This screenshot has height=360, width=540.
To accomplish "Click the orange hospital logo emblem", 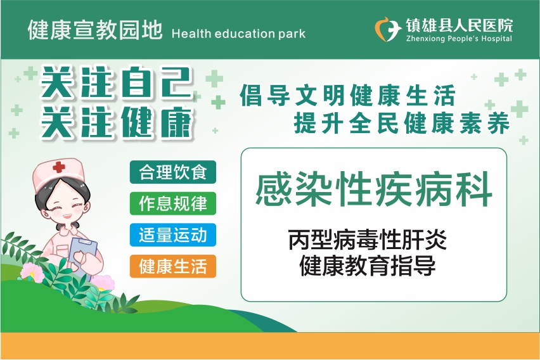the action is pyautogui.click(x=388, y=29).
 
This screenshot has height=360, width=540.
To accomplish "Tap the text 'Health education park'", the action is pyautogui.click(x=238, y=34).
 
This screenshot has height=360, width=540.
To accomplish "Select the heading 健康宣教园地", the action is pyautogui.click(x=95, y=30).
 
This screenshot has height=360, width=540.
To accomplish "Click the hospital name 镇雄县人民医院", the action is pyautogui.click(x=459, y=25).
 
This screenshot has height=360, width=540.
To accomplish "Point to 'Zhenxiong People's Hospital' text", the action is pyautogui.click(x=459, y=39).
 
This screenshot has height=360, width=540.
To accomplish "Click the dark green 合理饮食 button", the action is pyautogui.click(x=173, y=172).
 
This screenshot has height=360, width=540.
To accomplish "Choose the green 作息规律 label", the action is pyautogui.click(x=173, y=203).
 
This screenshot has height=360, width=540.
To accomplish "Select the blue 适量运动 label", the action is pyautogui.click(x=173, y=235).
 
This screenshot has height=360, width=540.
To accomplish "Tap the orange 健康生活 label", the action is pyautogui.click(x=173, y=266).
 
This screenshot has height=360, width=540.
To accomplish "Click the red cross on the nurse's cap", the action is pyautogui.click(x=59, y=167).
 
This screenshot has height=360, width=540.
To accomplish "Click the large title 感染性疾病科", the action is pyautogui.click(x=374, y=189).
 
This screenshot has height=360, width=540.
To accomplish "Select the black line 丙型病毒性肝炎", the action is pyautogui.click(x=368, y=240).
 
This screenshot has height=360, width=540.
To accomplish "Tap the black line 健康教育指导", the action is pyautogui.click(x=368, y=266).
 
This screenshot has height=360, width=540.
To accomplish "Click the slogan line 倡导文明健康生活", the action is pyautogui.click(x=348, y=95).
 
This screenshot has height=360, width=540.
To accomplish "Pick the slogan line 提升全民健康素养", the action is pyautogui.click(x=402, y=123).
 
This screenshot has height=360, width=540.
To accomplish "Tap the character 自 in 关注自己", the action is pyautogui.click(x=136, y=82).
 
